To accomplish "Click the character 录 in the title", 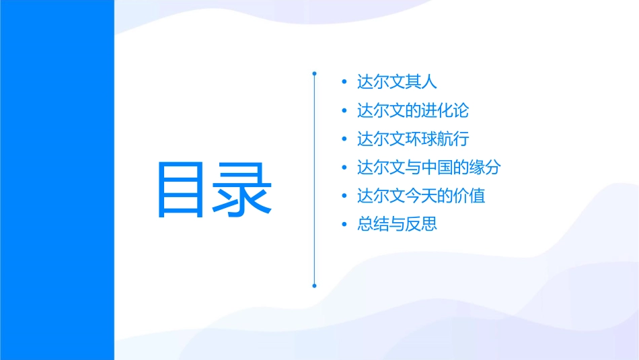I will tap(243, 189).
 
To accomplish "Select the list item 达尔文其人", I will tap(397, 82).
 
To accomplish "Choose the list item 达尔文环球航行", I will tap(412, 139).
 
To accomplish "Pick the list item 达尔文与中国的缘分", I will tap(428, 168).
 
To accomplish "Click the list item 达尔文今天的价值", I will tap(421, 196).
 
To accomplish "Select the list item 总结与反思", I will tap(397, 224).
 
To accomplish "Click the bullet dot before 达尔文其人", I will tap(344, 83).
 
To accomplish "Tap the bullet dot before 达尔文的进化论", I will tap(344, 111).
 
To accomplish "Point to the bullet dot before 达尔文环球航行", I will tap(344, 140).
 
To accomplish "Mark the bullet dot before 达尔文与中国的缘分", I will tap(344, 168).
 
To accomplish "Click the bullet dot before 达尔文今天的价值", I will tap(344, 196).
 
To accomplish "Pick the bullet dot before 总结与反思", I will tap(344, 225).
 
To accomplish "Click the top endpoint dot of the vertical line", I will tap(314, 72).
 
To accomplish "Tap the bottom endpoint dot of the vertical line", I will tap(314, 285).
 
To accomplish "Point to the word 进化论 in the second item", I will tap(453, 110).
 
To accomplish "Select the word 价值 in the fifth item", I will tap(469, 196).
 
